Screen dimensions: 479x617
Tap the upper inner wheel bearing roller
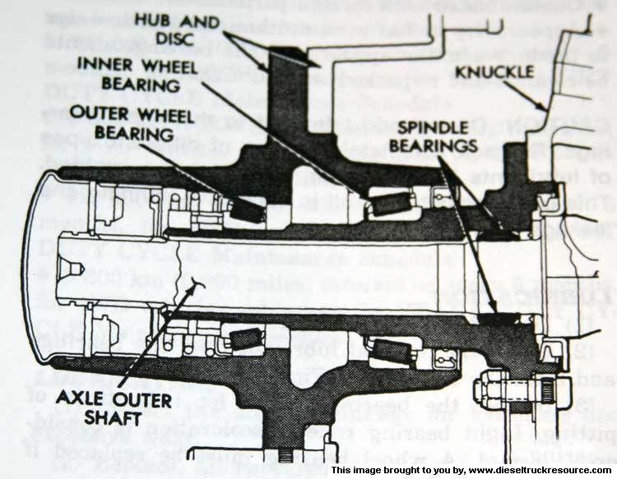pos(389,202)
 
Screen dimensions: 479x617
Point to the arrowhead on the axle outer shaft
pos(197,284)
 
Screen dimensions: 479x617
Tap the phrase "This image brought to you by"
pos(387,471)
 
